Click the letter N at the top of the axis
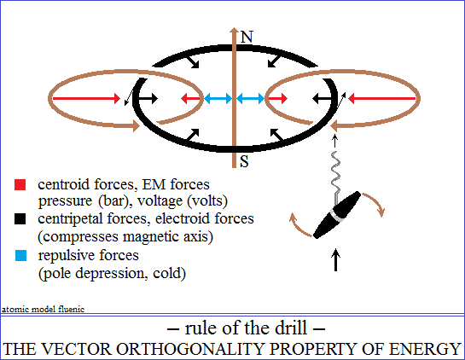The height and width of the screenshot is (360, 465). pos(247,37)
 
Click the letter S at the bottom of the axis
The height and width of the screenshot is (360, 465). pos(244,161)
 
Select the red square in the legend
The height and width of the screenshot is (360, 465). pos(20,184)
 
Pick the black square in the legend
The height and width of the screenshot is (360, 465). pos(20,219)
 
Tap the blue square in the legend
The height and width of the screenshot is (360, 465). pos(20,255)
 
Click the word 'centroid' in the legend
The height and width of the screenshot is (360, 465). pos(64,184)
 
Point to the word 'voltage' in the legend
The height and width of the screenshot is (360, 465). pos(160,201)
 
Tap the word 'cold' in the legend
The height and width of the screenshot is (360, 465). pos(167,273)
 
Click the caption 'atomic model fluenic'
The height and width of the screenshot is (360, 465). pos(43,310)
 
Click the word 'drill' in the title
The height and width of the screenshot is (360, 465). pos(291,328)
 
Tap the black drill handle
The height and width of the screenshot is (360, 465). pos(337,215)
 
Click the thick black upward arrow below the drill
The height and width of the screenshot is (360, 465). pos(335,259)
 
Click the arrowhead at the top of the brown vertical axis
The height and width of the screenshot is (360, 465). pos(235,31)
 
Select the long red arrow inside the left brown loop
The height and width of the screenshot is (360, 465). pos(86,98)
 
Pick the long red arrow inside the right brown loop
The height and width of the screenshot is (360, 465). pos(382,98)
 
